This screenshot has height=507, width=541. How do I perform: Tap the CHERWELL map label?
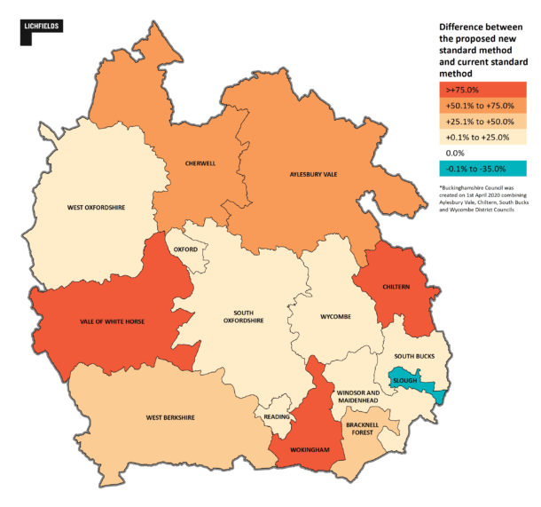[201, 162]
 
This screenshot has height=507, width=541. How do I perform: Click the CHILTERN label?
[394, 287]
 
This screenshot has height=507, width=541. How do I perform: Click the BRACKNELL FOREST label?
[365, 431]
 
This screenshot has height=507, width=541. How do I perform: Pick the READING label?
[277, 416]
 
